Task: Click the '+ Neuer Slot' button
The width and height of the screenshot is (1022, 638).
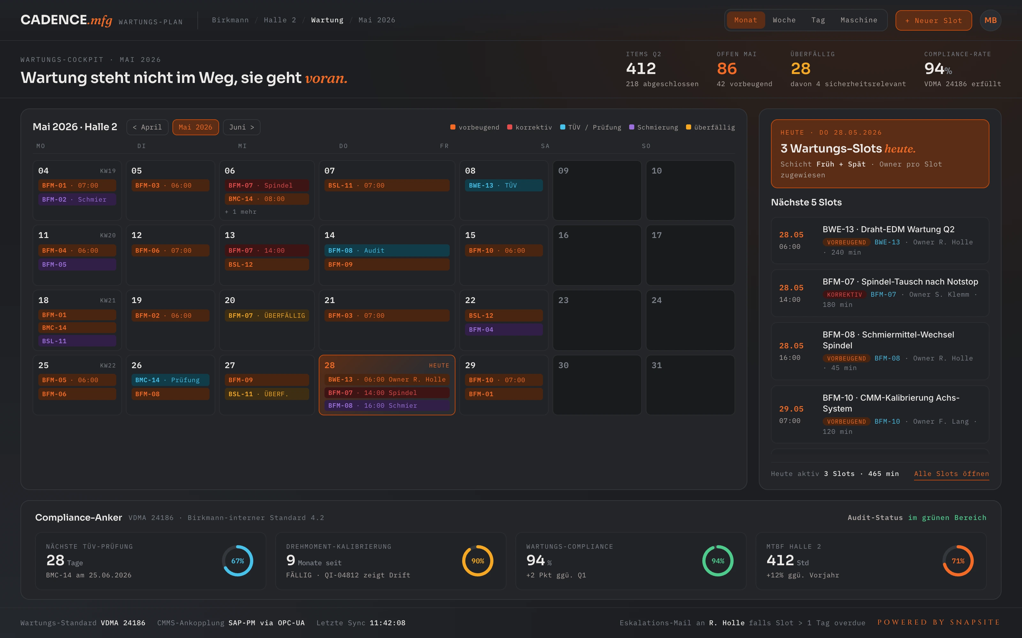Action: (x=933, y=20)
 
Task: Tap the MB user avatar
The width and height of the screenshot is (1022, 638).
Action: (x=990, y=20)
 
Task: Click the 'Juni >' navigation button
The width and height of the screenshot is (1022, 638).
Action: (x=241, y=127)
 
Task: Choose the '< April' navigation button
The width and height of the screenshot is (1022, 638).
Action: (x=147, y=127)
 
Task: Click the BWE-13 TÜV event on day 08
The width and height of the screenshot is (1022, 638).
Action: (x=503, y=185)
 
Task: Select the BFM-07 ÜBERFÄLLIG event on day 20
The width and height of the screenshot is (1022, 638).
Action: (x=266, y=315)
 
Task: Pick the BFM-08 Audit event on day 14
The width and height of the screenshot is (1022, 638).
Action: (x=386, y=251)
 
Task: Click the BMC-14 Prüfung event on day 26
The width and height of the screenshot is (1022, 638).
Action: (x=170, y=380)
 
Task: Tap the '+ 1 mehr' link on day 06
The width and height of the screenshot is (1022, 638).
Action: (x=241, y=212)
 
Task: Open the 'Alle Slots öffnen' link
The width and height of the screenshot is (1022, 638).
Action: (x=951, y=474)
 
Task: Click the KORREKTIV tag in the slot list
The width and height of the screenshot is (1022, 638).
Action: (x=844, y=294)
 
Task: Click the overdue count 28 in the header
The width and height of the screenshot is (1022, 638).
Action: (x=800, y=68)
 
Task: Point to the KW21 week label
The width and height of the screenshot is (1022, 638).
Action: (x=108, y=300)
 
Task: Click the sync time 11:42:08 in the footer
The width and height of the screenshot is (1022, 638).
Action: (x=387, y=623)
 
